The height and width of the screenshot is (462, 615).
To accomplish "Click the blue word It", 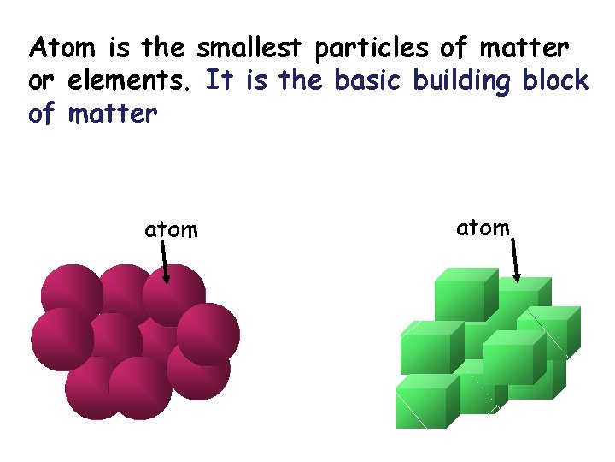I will point(220,80).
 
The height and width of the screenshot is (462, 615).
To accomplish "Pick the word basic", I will point(369,80).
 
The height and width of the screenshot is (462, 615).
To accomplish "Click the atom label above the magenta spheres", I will point(171,229).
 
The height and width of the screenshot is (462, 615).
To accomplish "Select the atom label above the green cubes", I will point(483,228).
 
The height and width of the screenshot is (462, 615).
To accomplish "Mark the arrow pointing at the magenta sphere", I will point(166,262).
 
